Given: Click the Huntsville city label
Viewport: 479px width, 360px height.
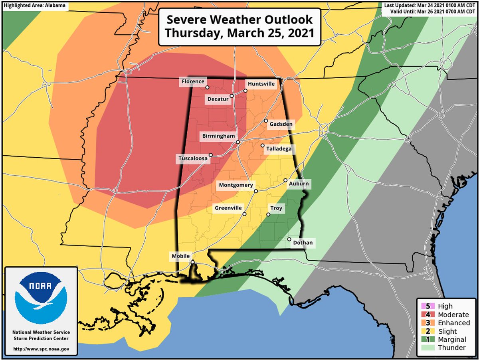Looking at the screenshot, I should point(261,84).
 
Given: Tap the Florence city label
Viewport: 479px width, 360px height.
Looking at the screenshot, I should point(193,82).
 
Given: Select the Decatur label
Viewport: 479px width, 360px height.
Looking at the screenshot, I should point(218,99).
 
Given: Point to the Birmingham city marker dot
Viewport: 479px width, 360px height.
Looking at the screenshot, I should point(238,142).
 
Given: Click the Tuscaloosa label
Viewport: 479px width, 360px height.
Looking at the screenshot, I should point(192,159).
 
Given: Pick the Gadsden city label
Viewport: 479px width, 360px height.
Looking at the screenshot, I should point(281,124).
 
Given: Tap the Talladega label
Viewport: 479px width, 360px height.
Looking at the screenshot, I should point(279,149).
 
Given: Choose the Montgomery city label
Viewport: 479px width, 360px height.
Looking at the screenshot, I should point(236,185).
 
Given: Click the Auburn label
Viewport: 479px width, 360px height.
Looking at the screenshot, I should point(299,184).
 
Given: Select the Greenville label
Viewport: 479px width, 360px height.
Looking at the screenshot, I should point(228,208).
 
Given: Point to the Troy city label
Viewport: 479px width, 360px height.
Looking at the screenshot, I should point(276,208).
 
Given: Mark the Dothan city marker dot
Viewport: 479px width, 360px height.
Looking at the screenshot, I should point(289,239).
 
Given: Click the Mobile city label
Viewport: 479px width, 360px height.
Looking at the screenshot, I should point(180,256).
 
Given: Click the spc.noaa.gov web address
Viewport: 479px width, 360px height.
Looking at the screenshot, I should point(41,349).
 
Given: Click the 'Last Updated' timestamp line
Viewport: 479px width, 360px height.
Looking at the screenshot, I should point(430,6).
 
